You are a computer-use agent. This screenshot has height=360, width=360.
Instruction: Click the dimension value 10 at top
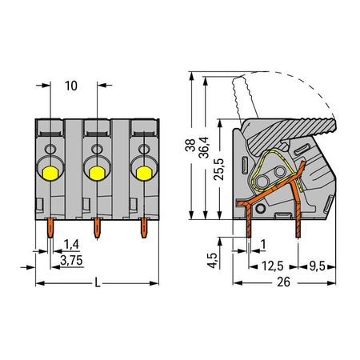(71, 86)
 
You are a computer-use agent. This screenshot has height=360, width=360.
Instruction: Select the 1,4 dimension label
(71, 244)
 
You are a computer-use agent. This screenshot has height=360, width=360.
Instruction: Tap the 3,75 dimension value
(71, 260)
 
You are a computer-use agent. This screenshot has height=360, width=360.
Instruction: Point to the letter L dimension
(98, 282)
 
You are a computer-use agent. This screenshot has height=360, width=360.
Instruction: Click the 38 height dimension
(190, 145)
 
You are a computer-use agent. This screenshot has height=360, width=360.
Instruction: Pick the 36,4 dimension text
(204, 147)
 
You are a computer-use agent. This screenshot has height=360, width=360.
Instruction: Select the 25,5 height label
(219, 169)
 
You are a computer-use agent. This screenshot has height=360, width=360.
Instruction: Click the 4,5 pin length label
(213, 261)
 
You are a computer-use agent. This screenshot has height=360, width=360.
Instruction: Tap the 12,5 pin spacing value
(272, 266)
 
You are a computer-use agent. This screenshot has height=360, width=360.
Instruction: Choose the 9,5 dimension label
(318, 266)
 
